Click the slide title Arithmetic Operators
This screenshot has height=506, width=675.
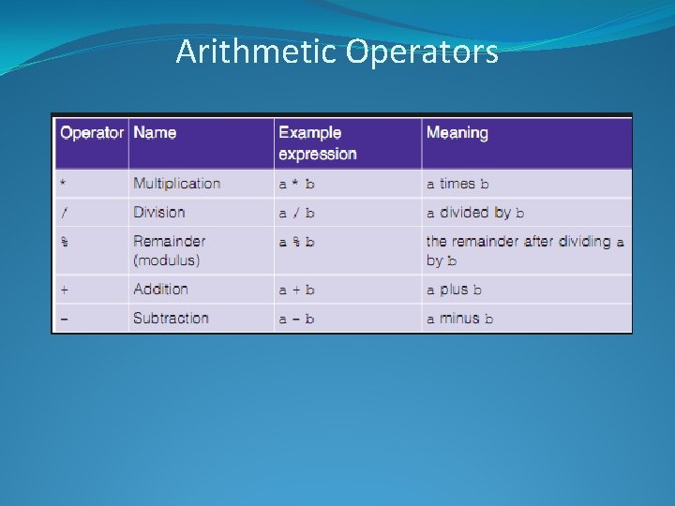(x=337, y=52)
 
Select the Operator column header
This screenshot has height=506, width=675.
(x=92, y=133)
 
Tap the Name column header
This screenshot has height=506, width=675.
(x=155, y=133)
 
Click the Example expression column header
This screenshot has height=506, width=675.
(x=318, y=143)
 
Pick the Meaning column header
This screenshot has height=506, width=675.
(x=457, y=133)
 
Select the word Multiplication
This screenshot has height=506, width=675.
(x=177, y=184)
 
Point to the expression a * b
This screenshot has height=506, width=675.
(x=296, y=185)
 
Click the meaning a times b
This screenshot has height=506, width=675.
(x=457, y=185)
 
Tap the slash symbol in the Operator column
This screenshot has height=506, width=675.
(x=65, y=213)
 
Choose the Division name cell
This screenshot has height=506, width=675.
(x=159, y=213)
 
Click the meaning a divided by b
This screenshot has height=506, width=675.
(x=475, y=213)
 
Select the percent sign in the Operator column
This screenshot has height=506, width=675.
(x=65, y=242)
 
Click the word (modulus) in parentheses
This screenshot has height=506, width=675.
(x=167, y=260)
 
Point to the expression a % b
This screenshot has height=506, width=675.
(x=296, y=242)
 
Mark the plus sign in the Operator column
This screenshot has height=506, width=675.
(x=65, y=290)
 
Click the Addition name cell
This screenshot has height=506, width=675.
(x=160, y=290)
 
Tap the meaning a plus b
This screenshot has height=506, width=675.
(x=455, y=290)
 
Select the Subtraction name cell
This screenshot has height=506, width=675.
(x=171, y=319)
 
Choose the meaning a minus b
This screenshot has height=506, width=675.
(x=460, y=319)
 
